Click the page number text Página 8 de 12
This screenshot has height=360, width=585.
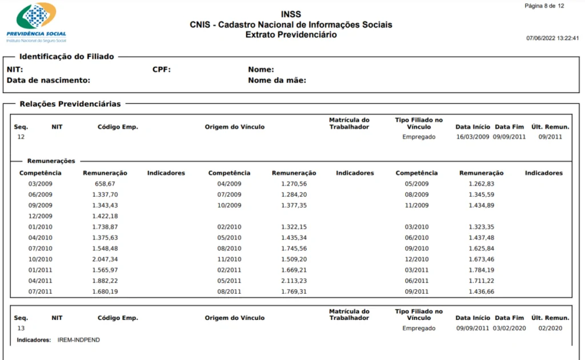(544, 6)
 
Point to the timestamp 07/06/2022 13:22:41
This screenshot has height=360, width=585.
(552, 38)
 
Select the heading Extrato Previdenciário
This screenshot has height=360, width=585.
(291, 35)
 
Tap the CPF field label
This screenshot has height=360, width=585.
(162, 70)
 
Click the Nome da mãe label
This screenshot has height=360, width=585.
(277, 81)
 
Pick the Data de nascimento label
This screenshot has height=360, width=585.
(49, 81)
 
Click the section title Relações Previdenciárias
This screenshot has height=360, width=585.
(70, 104)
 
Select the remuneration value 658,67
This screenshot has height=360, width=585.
(105, 184)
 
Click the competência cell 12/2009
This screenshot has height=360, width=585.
(41, 216)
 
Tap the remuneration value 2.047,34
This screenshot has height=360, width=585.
(105, 259)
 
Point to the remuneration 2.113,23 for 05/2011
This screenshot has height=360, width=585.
(294, 281)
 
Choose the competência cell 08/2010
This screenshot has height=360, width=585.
(229, 249)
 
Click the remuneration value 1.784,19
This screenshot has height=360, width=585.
(481, 270)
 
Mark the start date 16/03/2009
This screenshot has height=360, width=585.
(472, 137)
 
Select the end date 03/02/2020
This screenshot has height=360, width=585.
(509, 329)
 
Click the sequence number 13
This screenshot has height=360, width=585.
(21, 329)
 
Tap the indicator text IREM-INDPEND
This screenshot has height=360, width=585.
(79, 340)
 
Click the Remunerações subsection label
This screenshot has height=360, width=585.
(51, 161)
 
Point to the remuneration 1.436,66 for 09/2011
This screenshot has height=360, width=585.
(481, 291)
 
